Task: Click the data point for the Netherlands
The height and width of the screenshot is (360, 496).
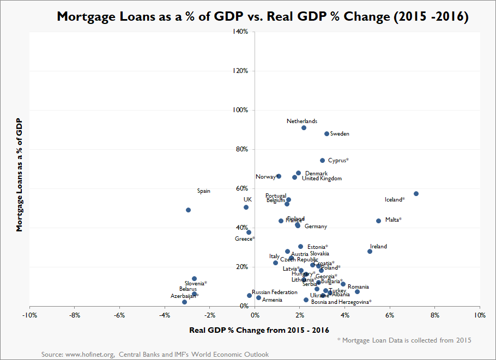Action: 304,127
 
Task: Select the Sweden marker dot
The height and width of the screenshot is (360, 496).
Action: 326,133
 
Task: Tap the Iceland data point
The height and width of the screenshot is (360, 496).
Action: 416,193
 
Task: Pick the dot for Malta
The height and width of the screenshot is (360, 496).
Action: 378,221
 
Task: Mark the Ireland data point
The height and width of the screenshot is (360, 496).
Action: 370,251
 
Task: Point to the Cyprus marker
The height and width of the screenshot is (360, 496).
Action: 322,160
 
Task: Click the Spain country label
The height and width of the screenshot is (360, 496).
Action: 203,191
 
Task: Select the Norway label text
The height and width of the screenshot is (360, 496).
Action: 267,177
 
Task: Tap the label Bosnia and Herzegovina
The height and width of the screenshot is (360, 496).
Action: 341,302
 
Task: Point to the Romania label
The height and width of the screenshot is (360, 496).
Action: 358,287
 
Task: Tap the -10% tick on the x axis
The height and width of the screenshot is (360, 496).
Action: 29,315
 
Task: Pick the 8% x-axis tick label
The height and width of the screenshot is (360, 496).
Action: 434,315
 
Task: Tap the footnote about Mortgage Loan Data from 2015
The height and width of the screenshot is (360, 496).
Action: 404,340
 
